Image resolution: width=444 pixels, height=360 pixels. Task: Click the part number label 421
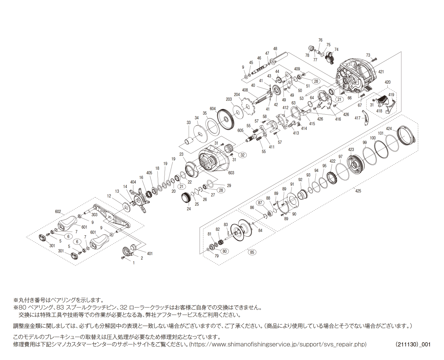(x=381, y=72)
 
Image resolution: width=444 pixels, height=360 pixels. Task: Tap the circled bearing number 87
(x=260, y=203)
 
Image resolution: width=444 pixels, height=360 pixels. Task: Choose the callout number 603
(x=231, y=173)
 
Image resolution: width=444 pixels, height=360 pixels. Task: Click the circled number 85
(x=252, y=252)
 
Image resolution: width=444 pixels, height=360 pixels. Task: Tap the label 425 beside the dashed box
(x=358, y=191)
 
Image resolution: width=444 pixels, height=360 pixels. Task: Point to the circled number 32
(x=242, y=155)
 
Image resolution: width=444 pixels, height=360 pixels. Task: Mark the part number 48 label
(x=275, y=49)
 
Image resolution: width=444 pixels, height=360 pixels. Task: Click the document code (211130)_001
(x=413, y=344)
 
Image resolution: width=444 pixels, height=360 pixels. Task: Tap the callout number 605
(x=240, y=130)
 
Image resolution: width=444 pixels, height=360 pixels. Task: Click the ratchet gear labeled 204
(x=249, y=107)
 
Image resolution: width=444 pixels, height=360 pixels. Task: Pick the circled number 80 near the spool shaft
(x=225, y=251)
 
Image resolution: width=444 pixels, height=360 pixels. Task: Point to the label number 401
(x=150, y=253)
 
